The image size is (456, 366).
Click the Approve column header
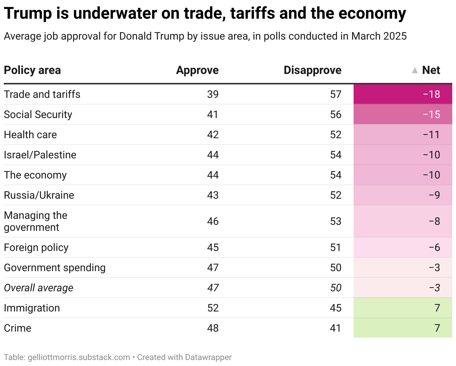197,70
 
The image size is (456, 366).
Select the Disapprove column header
312,70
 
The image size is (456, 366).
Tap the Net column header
431,70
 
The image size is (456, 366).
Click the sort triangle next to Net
415,70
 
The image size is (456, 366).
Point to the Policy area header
32,70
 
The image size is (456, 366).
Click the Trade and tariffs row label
42,94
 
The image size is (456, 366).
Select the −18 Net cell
432,94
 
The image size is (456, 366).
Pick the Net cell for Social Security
432,114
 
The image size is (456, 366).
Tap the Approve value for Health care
213,134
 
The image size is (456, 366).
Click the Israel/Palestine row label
40,155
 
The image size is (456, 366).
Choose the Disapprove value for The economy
336,175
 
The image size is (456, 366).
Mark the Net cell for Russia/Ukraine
434,195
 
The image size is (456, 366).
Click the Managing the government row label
36,221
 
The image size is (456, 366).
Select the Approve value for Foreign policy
213,247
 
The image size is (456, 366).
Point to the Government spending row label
55,267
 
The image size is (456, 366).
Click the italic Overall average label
38,288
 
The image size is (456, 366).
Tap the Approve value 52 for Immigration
213,308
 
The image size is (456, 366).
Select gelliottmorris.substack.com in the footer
79,357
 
